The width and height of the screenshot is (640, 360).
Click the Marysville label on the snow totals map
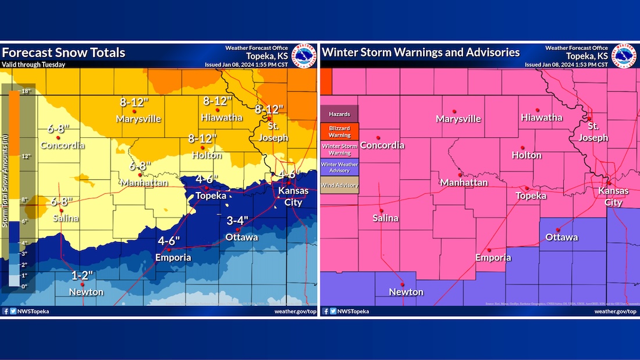coord(138,119)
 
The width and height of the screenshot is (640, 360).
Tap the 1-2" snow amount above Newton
coord(82,275)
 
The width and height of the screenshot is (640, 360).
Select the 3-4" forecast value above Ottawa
coord(238,220)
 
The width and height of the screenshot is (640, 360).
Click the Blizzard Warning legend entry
coord(340,131)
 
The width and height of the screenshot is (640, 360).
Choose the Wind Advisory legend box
coord(340,186)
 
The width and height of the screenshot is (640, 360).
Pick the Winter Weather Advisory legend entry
coord(340,167)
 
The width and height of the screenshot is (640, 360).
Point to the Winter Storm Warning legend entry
coord(340,149)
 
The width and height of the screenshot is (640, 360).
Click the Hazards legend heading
coord(340,114)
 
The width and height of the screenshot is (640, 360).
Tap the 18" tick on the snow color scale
coord(27,91)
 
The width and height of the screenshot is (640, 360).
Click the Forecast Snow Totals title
coord(63,53)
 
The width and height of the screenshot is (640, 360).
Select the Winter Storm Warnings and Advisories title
coord(421,52)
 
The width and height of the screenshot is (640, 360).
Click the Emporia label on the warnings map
coord(493,258)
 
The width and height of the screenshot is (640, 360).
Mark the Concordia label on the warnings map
coord(382,145)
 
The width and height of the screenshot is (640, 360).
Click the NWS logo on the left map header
coord(303,56)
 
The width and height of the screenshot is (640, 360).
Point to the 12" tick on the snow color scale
coord(27,156)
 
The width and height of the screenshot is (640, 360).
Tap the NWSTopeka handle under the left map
coord(33,312)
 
